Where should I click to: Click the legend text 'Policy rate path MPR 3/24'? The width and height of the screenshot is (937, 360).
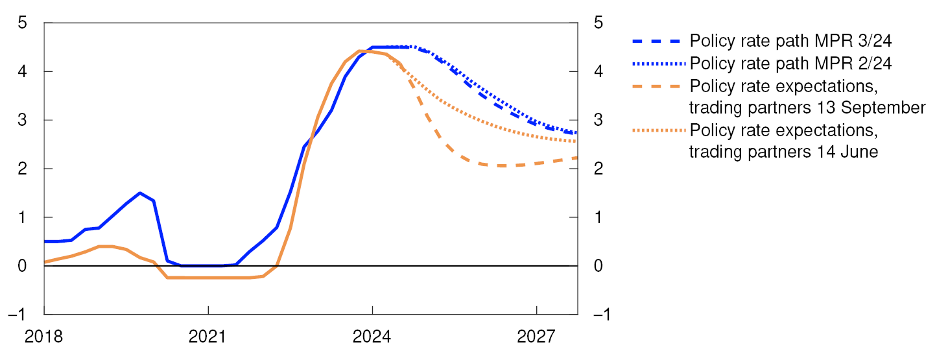pos(791,42)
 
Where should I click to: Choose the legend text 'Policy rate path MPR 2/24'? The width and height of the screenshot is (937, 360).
pos(791,64)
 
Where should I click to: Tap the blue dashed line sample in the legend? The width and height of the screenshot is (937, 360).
pos(658,42)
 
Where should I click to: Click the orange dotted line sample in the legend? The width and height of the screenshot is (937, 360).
pos(658,130)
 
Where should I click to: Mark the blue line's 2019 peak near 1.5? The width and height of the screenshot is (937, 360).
pos(139,193)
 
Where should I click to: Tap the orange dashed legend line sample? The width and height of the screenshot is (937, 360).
pos(658,86)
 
